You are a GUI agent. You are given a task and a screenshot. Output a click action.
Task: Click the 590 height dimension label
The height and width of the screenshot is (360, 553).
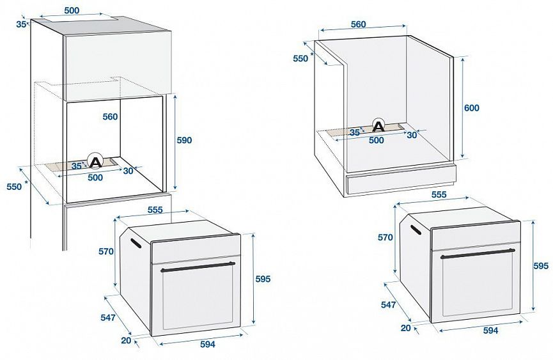pyautogui.click(x=185, y=140)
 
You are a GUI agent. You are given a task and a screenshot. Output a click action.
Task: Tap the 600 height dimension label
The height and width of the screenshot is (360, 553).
pyautogui.click(x=471, y=108)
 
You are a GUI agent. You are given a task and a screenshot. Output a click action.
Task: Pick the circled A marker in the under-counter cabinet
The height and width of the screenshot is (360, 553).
pyautogui.click(x=378, y=126)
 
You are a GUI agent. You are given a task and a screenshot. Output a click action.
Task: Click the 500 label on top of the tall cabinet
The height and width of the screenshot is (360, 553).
pyautogui.click(x=72, y=10)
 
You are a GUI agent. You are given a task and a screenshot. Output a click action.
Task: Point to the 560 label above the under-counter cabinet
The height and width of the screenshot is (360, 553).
pyautogui.click(x=358, y=24)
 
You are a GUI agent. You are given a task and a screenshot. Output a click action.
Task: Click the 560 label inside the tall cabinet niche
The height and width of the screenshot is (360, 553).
pyautogui.click(x=111, y=117)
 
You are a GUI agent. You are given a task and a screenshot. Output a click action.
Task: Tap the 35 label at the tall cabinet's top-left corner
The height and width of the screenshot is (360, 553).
pyautogui.click(x=21, y=24)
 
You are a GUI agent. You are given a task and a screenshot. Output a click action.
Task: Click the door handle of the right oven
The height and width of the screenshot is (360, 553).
pyautogui.click(x=478, y=253)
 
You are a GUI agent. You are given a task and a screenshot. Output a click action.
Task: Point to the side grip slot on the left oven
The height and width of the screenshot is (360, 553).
pyautogui.click(x=135, y=243)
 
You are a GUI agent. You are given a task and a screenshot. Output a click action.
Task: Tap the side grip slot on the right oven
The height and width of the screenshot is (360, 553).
pyautogui.click(x=416, y=229)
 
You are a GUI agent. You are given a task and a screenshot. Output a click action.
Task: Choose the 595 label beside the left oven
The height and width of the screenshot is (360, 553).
pyautogui.click(x=263, y=279)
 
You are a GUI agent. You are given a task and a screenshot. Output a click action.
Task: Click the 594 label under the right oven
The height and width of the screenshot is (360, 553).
pyautogui.click(x=490, y=330)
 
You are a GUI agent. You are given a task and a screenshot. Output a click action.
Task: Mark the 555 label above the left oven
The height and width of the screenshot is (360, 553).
pyautogui.click(x=155, y=209)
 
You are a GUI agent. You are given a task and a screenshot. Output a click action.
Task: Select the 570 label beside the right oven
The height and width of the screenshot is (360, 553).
pyautogui.click(x=385, y=237)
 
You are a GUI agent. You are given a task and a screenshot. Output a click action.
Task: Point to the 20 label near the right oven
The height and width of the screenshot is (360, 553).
pyautogui.click(x=405, y=327)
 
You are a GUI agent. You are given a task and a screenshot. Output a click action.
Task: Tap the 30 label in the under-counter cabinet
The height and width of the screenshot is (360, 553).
pyautogui.click(x=412, y=134)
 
